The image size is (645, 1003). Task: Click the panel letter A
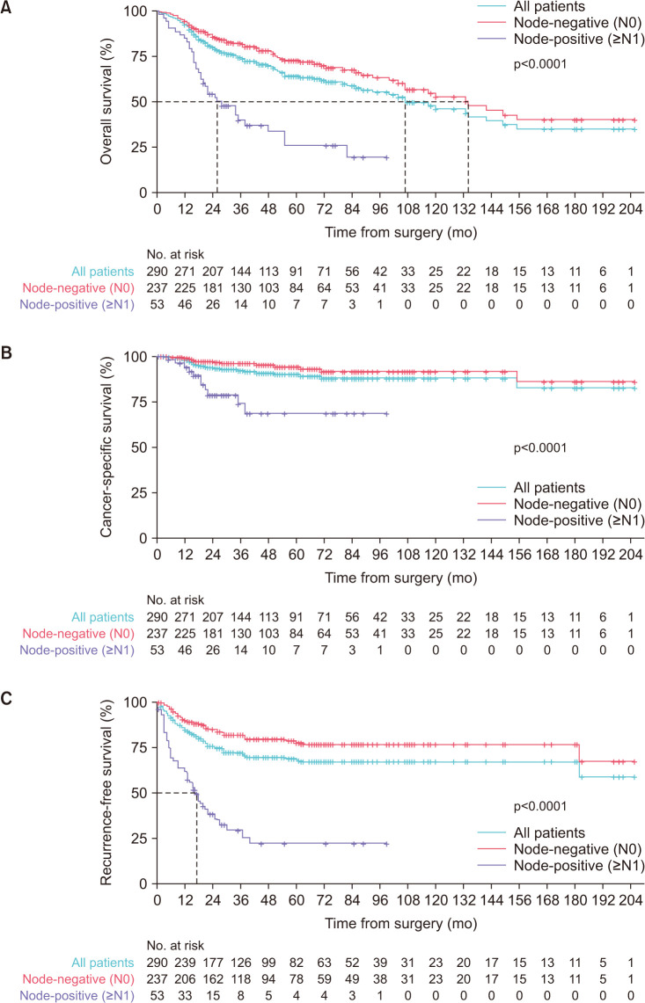pos(5,8)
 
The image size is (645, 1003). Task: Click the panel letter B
pos(6,353)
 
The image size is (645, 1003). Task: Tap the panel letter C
pos(6,698)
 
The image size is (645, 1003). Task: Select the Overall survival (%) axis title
pos(107,101)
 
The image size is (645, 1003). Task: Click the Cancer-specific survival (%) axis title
pos(107,447)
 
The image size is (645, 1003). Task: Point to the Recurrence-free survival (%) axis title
pos(107,793)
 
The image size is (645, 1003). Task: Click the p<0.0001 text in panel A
pos(540,64)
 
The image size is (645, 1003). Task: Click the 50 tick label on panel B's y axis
pos(140,447)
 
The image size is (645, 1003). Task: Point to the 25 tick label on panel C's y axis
pos(140,838)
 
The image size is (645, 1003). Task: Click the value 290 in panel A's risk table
pos(157,272)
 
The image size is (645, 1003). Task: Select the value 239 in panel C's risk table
pos(185,963)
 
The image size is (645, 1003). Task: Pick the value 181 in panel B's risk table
pos(213,633)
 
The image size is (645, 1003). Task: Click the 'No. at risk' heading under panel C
pos(175,946)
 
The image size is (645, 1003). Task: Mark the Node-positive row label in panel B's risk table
pos(77,650)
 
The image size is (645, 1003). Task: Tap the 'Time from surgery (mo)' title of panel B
pos(401,578)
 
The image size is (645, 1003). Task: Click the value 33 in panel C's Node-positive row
pos(185,995)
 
